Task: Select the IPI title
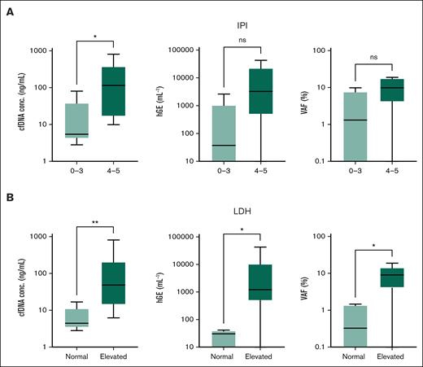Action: click(x=237, y=26)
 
